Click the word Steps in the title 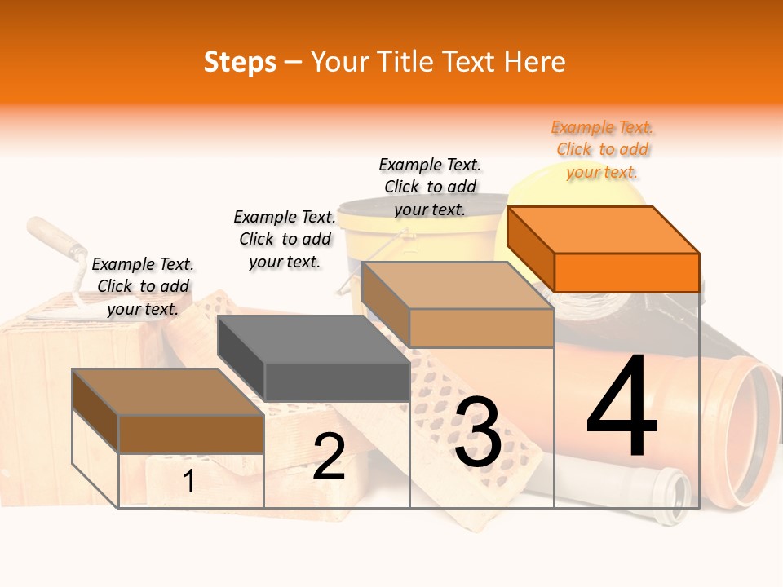pos(240,62)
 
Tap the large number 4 pos(622,408)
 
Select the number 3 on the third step pos(478,432)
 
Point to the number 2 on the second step pos(329,457)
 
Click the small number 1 pos(188,482)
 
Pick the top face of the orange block pos(602,230)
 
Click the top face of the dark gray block pos(312,339)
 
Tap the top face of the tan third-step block pos(457,286)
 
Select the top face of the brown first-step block pos(167,392)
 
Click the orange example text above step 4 pos(603,149)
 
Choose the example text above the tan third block pos(430,187)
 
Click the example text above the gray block pos(285,239)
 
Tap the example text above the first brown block pos(143,286)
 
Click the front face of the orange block pos(626,272)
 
